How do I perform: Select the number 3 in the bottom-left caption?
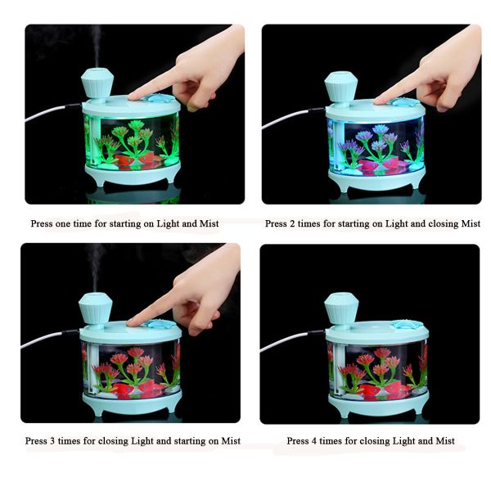point(52,441)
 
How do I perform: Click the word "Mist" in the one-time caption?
point(209,223)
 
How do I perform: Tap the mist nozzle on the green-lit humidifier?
point(97,83)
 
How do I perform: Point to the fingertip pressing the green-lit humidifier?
point(133,97)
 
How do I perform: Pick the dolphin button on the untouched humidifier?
point(403,324)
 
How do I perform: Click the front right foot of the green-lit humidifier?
point(171,178)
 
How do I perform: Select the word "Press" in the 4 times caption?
point(298,441)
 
